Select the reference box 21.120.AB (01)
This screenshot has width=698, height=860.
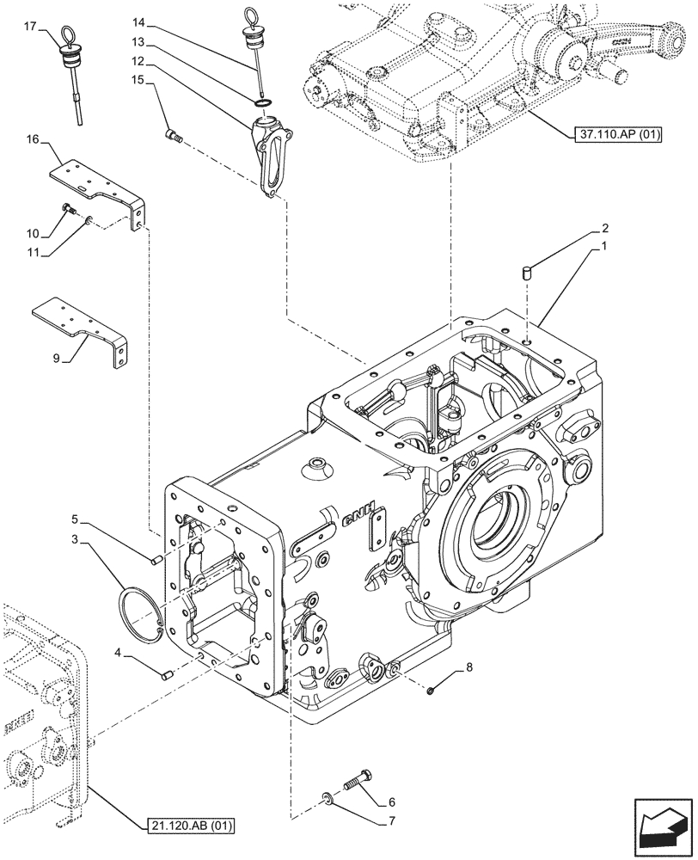pyautogui.click(x=190, y=826)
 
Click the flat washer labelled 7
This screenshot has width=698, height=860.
pyautogui.click(x=329, y=802)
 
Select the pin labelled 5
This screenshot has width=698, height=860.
pyautogui.click(x=157, y=561)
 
